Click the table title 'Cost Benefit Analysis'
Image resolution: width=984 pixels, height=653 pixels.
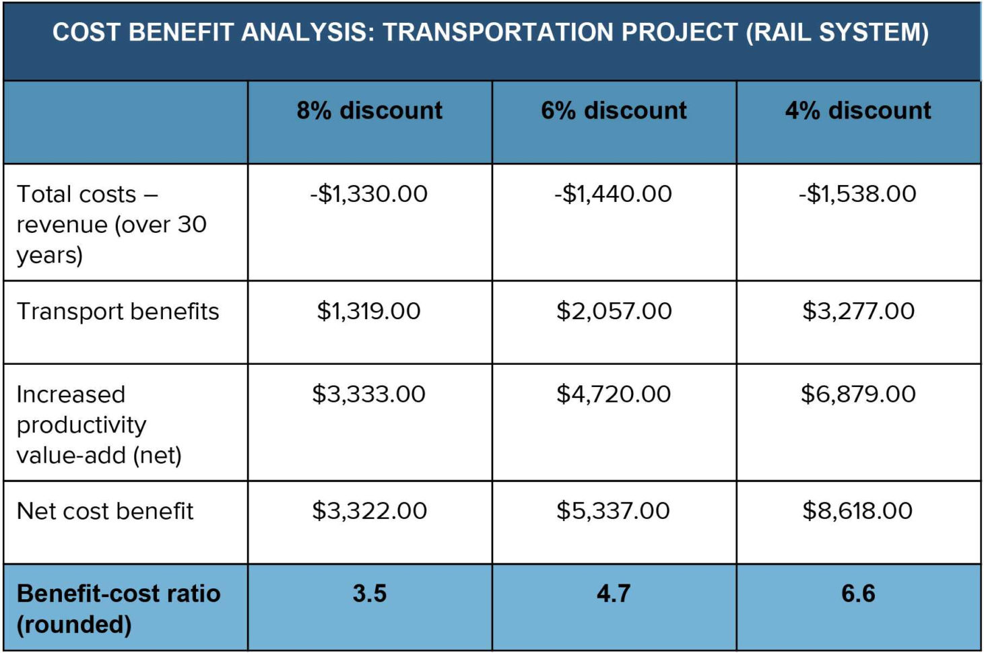click(490, 32)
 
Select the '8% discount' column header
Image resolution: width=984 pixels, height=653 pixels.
click(370, 110)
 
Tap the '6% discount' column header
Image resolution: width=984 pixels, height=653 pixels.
click(614, 110)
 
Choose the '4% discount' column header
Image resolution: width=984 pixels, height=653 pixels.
click(858, 110)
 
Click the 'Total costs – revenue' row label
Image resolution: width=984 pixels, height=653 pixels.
click(111, 224)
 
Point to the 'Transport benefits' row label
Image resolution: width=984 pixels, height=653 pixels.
click(118, 311)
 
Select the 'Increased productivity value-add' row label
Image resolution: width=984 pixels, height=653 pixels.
click(99, 425)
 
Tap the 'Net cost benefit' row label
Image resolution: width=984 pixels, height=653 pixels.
click(105, 511)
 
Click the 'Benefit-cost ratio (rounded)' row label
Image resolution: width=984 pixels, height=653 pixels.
click(119, 609)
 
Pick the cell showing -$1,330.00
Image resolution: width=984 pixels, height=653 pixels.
click(369, 194)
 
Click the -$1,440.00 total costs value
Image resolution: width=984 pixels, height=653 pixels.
click(613, 194)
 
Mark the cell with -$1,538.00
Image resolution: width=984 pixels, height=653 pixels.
click(857, 194)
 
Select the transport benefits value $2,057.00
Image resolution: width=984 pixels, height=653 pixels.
click(614, 311)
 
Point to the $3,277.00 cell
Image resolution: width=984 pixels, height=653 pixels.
click(858, 311)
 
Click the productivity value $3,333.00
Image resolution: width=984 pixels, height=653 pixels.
click(369, 394)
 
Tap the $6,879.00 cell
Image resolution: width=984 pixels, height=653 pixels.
click(858, 394)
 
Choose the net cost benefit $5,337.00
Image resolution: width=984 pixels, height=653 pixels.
click(613, 511)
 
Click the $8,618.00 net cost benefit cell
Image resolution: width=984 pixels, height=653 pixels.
click(857, 511)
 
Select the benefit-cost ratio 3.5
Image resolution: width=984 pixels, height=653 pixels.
click(370, 594)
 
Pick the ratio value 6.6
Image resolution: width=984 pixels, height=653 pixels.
click(858, 594)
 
